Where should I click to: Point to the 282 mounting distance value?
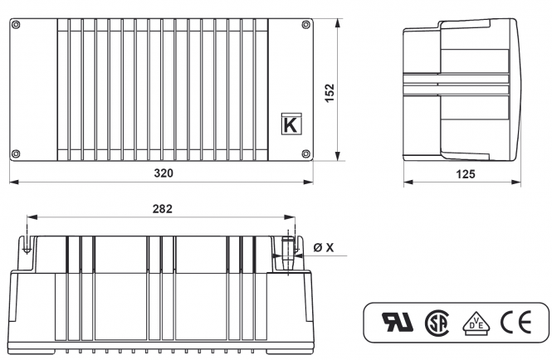(x=163, y=209)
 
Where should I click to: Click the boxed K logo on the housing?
(x=291, y=125)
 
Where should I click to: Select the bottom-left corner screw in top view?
(x=17, y=153)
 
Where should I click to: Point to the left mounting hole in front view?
(x=27, y=247)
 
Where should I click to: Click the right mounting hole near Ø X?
(x=288, y=249)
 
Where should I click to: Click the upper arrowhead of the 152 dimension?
(x=337, y=24)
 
